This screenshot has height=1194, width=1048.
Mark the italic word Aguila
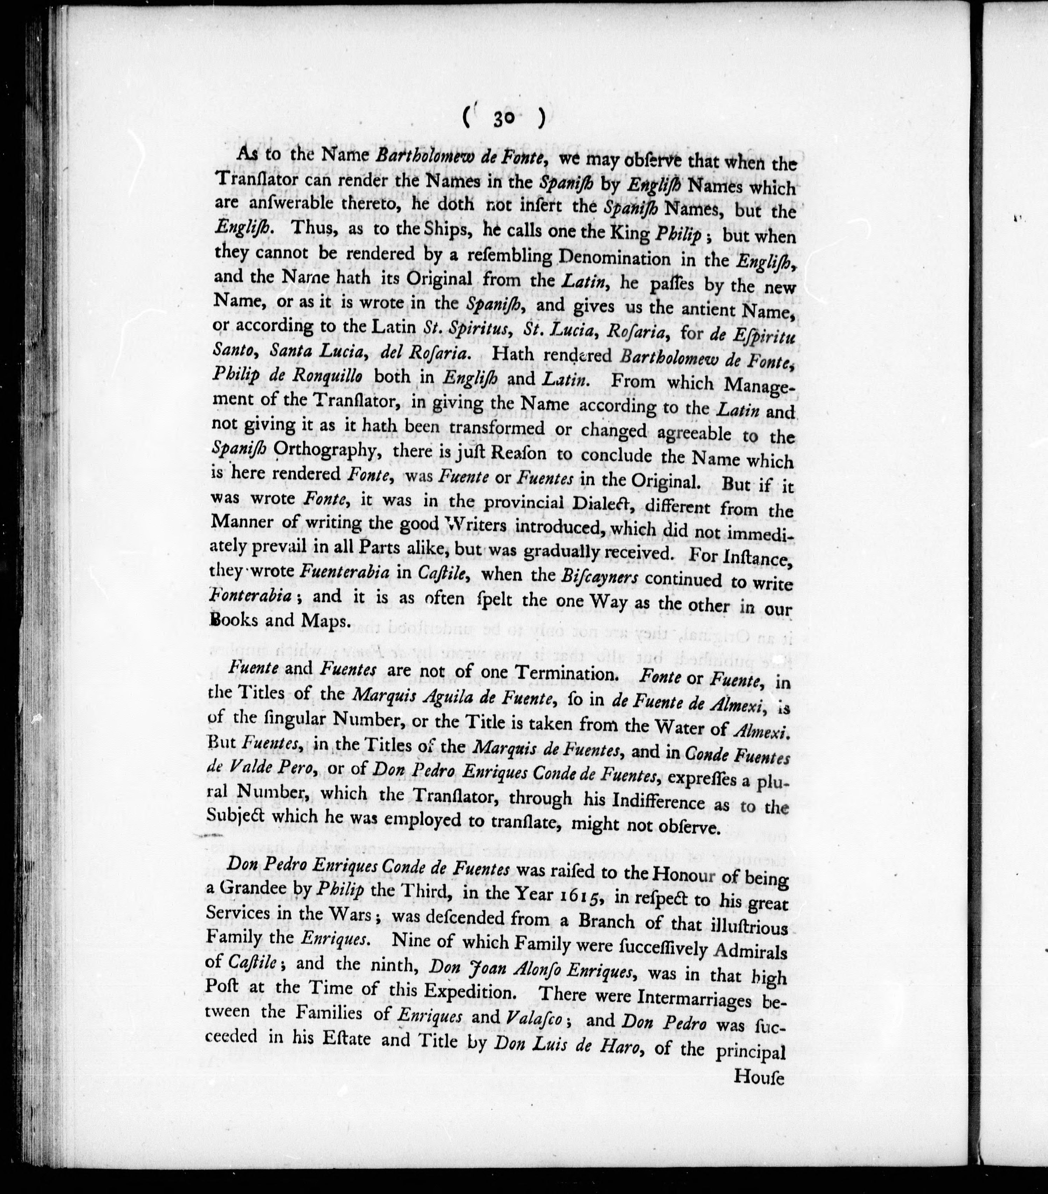click(x=435, y=698)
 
